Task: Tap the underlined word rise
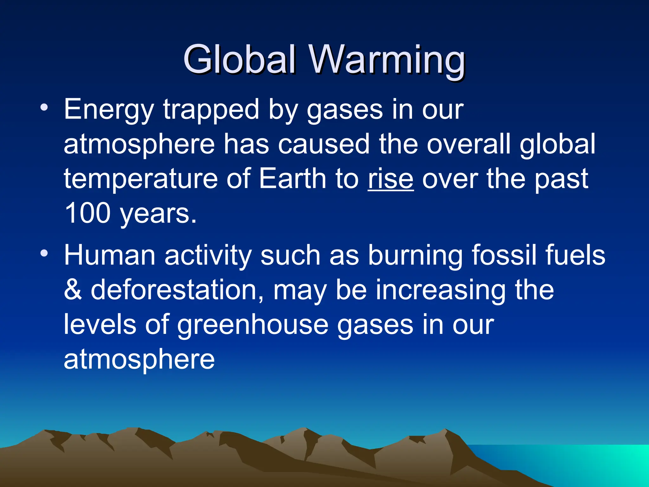point(390,179)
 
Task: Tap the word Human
point(109,255)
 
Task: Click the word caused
point(324,144)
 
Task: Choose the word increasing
point(441,290)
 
